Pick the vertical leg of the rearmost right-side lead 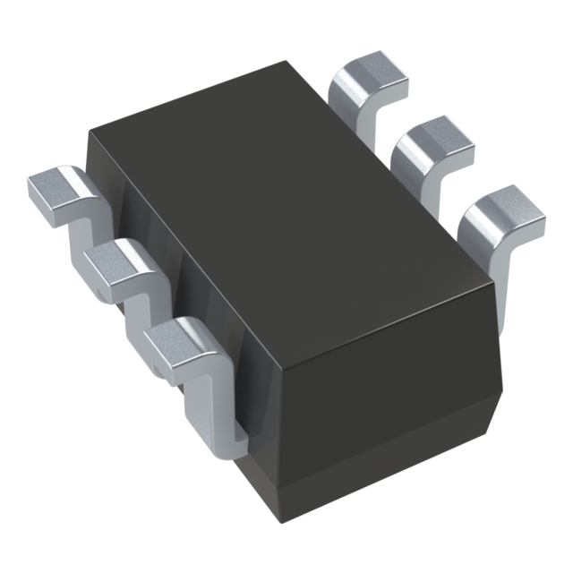coord(349,112)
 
